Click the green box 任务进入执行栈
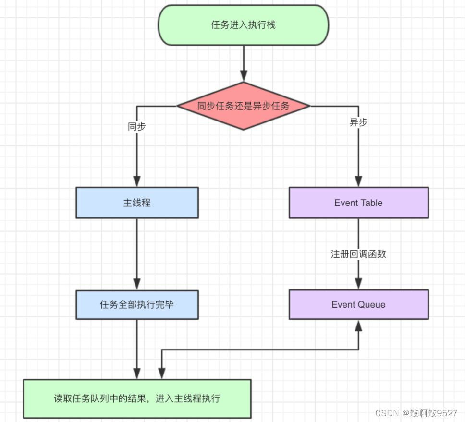click(x=244, y=25)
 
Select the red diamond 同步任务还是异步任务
click(x=244, y=106)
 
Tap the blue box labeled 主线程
click(x=137, y=203)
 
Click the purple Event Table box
click(x=358, y=203)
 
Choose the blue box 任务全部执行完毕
click(x=137, y=305)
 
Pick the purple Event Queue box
click(x=358, y=305)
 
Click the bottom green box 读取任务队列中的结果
click(x=137, y=398)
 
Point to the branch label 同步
click(x=137, y=127)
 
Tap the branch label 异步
click(x=358, y=122)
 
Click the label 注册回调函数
click(x=358, y=254)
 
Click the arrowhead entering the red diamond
click(x=244, y=76)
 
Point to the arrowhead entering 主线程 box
click(x=137, y=181)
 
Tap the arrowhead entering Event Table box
click(x=358, y=181)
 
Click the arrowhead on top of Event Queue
click(x=358, y=284)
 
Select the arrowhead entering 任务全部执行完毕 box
click(x=137, y=285)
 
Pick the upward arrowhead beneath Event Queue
click(x=358, y=325)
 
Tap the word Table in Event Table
click(x=372, y=203)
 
